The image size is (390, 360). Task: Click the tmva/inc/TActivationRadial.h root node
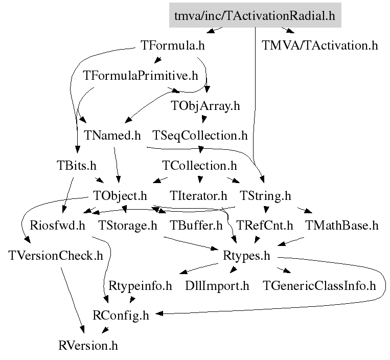click(x=255, y=16)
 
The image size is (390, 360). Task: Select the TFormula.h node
click(x=172, y=46)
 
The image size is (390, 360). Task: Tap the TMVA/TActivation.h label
click(x=320, y=46)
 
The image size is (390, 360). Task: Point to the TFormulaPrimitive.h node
click(x=140, y=76)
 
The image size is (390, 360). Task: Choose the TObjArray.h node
click(x=205, y=106)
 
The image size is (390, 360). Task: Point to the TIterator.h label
click(x=198, y=195)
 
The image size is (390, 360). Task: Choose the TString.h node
click(x=265, y=195)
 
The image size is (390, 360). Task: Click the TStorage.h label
click(x=127, y=226)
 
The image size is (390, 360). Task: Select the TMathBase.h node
click(x=341, y=226)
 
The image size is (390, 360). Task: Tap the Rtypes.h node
click(x=246, y=255)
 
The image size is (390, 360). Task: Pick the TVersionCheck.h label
click(x=56, y=255)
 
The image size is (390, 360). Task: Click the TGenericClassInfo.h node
click(x=319, y=285)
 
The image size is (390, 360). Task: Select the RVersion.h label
click(x=88, y=345)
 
